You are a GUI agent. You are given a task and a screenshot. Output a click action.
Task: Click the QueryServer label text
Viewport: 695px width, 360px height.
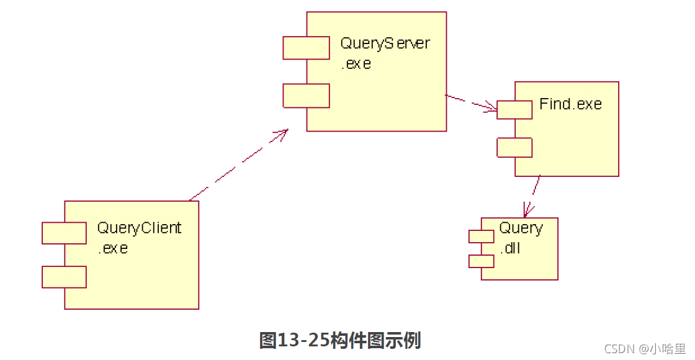pos(385,44)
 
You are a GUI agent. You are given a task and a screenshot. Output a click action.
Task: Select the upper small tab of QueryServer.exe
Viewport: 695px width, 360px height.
pos(306,48)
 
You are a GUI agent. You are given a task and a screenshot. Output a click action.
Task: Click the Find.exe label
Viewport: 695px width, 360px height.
pos(570,104)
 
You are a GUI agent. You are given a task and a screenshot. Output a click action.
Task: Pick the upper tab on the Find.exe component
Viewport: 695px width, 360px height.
pos(514,110)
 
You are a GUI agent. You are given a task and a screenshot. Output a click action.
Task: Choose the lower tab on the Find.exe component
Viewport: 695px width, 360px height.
pos(514,148)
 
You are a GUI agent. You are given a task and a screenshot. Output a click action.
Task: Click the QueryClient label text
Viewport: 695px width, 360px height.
pos(139,228)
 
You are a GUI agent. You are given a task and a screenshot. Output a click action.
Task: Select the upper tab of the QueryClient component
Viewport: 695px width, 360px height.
pos(64,233)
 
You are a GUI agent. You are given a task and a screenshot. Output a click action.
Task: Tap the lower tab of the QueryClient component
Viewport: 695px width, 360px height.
pos(64,277)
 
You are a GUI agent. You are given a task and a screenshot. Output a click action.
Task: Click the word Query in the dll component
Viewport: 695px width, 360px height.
pos(521,228)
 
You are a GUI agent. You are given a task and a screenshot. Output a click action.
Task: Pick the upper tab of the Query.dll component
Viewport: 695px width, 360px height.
pos(481,236)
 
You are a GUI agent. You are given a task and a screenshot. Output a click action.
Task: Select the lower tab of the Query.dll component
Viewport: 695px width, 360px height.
pos(481,261)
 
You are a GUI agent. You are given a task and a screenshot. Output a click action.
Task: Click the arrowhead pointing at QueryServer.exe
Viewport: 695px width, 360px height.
pos(283,133)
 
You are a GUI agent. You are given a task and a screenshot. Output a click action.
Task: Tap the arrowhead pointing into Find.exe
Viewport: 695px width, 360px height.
pos(491,107)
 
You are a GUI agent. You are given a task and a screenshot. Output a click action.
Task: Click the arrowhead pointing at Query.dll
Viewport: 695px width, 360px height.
pos(528,210)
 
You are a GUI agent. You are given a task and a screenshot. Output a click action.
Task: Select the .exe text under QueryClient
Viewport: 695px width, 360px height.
pos(113,248)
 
